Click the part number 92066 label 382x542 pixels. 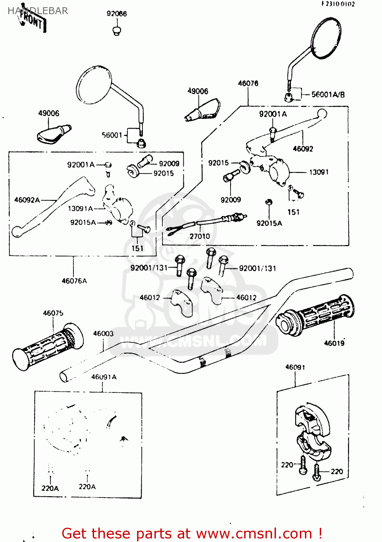point(116,14)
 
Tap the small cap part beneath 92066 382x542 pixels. point(116,31)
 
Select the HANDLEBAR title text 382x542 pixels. point(38,11)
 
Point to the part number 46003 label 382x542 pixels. point(103,334)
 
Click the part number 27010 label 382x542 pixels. point(200,236)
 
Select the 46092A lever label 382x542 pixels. point(27,200)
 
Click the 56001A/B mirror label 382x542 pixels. point(328,95)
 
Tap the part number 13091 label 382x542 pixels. point(319,172)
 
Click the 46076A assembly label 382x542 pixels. point(74,281)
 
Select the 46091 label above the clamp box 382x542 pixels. point(295,367)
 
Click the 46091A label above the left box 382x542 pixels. point(104,377)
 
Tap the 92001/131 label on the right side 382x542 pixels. point(258,268)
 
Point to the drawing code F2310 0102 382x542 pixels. point(338,4)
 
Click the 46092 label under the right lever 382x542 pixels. point(303,149)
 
